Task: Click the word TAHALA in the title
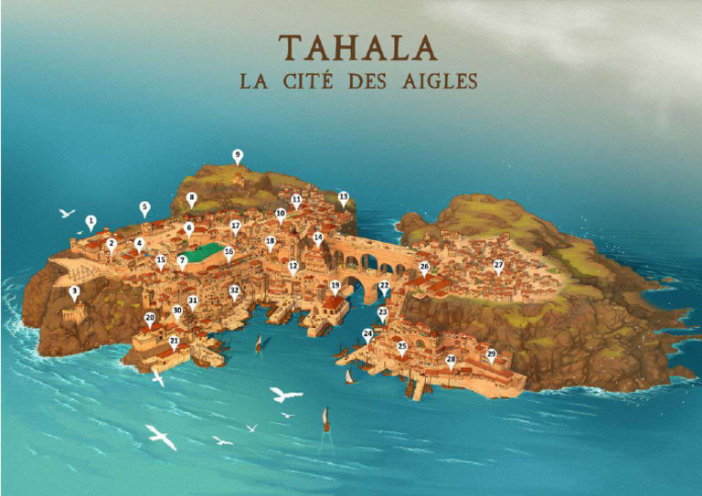357,47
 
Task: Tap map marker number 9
238,155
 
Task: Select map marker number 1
90,221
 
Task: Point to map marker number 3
74,291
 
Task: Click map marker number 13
344,197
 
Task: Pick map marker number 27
498,266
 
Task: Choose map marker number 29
491,354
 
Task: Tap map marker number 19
335,287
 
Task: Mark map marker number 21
174,342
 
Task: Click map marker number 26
424,268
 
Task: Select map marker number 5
144,207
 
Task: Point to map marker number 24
367,335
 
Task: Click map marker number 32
234,291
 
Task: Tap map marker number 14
318,237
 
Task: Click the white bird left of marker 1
66,213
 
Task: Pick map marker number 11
296,199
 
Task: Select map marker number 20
150,319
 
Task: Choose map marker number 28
451,360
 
